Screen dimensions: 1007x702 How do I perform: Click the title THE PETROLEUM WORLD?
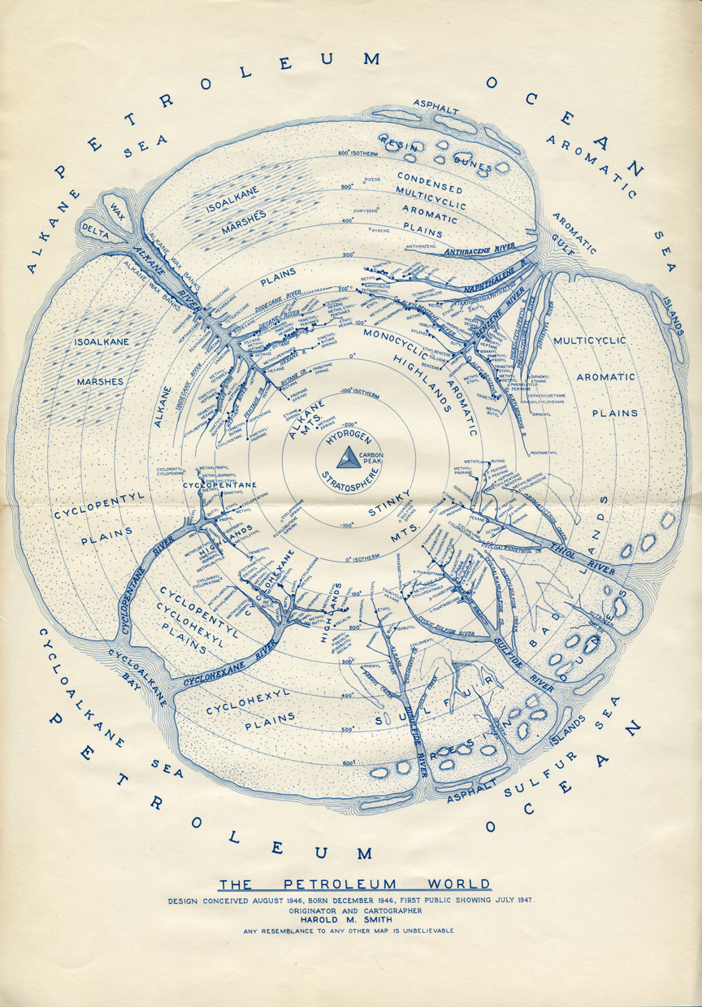pos(355,884)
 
